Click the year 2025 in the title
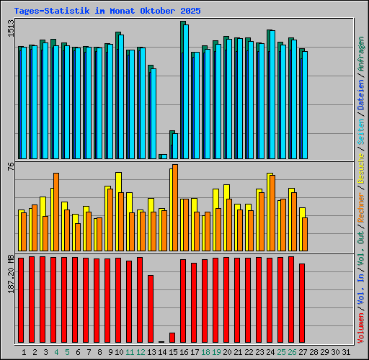click(x=190, y=12)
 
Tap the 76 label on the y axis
click(x=10, y=167)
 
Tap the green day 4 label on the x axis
click(x=57, y=351)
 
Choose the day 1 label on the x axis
click(x=25, y=351)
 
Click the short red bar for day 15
click(x=172, y=337)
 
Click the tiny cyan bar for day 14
click(x=164, y=156)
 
